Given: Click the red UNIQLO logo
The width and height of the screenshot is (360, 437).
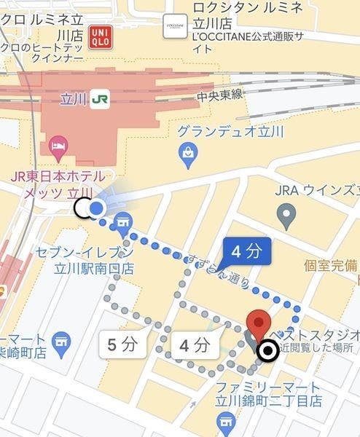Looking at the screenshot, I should pos(100,38).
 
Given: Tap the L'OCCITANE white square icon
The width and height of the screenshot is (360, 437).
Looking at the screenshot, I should pos(173,25).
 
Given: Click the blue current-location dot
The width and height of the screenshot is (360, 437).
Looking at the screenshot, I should pos(97,210).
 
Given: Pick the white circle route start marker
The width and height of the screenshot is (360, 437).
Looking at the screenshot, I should pos(83,209).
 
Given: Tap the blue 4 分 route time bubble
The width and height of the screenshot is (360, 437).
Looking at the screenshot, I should pos(246,252).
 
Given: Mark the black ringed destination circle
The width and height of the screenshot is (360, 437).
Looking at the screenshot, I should pos(267,353).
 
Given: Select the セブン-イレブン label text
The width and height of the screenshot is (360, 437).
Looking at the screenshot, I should pos(85,253).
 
